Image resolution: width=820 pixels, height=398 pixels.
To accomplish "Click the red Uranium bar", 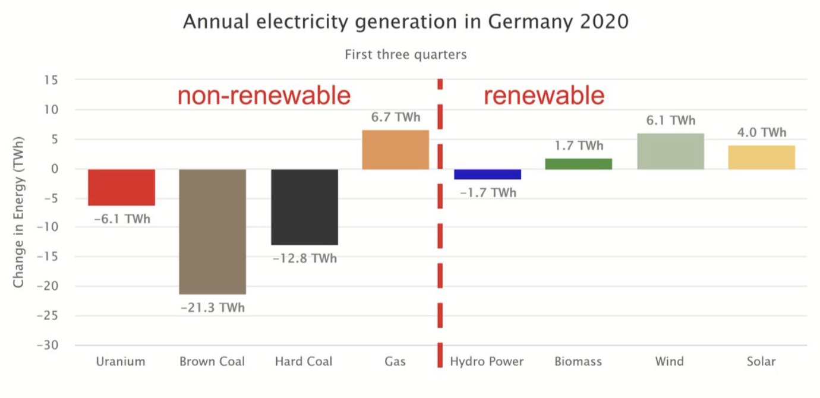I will click(x=121, y=187).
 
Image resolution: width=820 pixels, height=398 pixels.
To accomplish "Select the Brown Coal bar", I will click(x=212, y=232).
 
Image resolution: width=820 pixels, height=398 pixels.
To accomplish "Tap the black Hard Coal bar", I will click(x=304, y=207).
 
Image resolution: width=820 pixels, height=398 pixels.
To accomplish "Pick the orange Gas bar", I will click(x=395, y=150).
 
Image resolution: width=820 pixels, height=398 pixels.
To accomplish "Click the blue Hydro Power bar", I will click(x=487, y=174).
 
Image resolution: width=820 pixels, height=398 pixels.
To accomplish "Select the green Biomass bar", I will click(x=578, y=164).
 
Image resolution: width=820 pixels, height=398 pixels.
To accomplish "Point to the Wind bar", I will click(x=670, y=151).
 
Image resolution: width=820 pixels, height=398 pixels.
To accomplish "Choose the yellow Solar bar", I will click(x=761, y=157).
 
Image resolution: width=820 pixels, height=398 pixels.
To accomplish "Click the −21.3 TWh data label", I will click(x=212, y=308).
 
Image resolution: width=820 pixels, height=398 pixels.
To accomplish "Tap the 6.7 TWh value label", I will click(x=395, y=118).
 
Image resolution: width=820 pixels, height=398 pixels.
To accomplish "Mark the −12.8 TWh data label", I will click(x=304, y=258).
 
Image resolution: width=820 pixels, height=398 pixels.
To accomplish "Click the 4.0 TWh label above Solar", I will click(x=761, y=132).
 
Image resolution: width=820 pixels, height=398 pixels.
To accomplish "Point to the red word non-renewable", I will click(x=264, y=96).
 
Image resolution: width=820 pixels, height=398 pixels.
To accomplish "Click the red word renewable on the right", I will click(x=544, y=96).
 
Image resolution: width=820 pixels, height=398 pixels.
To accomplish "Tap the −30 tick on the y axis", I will click(x=53, y=345).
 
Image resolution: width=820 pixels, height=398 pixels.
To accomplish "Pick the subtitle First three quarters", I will click(x=406, y=55).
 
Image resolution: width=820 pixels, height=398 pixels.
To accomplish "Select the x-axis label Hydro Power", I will click(x=487, y=361).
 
